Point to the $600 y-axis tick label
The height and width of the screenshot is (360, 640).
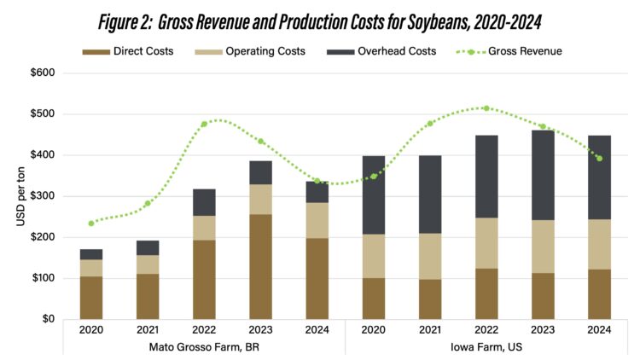click(x=42, y=73)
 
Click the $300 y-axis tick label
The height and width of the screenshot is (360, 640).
click(x=42, y=196)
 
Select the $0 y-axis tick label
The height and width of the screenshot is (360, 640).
click(x=47, y=319)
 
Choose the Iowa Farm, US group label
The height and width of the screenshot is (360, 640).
click(x=486, y=347)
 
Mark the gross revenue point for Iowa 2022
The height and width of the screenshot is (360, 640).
click(x=486, y=108)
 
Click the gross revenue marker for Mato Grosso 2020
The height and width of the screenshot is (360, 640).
click(x=91, y=224)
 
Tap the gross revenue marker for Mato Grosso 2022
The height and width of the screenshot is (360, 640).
click(x=204, y=125)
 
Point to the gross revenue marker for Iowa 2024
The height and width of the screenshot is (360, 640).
click(x=600, y=159)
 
